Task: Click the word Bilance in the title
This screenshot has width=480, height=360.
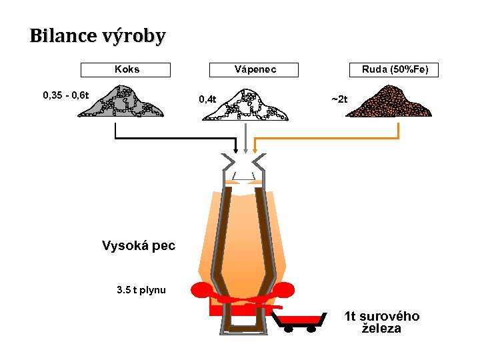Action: click(63, 36)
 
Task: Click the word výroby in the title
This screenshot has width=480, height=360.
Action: click(133, 37)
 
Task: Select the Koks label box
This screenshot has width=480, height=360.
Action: click(126, 69)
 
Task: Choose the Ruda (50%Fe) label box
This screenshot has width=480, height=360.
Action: click(395, 69)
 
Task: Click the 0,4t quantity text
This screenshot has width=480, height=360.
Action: click(207, 99)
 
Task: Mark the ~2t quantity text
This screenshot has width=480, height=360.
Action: click(339, 99)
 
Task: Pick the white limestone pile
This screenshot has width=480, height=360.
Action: click(246, 105)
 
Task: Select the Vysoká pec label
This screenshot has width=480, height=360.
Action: click(138, 245)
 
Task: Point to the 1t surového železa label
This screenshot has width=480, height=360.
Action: click(381, 322)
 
